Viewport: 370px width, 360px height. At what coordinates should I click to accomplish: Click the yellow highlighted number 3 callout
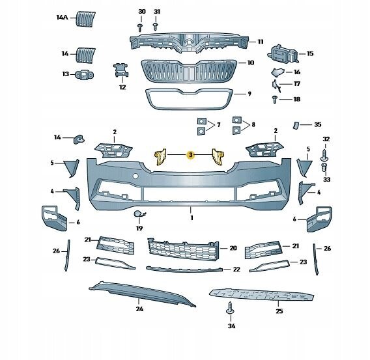191,155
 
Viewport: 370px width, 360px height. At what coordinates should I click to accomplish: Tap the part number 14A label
62,17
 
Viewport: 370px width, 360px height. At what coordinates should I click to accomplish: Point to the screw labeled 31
155,27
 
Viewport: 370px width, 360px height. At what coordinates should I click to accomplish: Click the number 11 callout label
261,42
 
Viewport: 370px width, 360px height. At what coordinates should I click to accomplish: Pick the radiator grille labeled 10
189,71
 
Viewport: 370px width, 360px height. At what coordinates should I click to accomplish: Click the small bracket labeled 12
122,70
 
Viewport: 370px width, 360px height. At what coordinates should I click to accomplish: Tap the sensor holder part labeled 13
84,75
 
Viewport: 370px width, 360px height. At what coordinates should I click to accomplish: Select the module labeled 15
283,55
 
